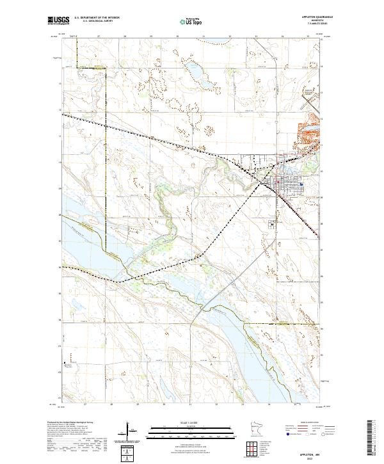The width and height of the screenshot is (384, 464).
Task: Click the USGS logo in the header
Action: pos(58,21)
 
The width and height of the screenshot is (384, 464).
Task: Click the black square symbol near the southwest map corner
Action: pos(65,364)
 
